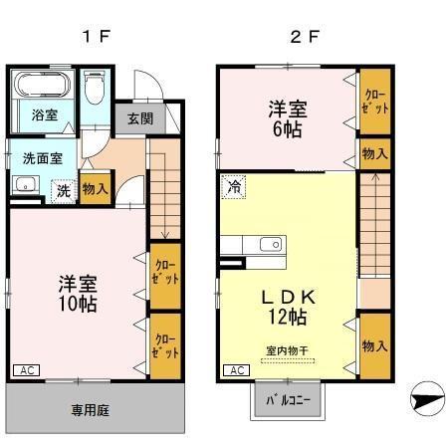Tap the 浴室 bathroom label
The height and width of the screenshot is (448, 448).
(x=43, y=114)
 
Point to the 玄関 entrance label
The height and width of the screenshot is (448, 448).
(x=140, y=117)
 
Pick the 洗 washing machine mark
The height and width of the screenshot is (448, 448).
(x=62, y=189)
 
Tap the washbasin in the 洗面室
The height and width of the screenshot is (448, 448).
(x=25, y=185)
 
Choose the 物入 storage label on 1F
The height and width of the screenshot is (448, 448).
(x=95, y=189)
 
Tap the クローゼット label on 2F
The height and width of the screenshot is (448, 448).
(x=374, y=102)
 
